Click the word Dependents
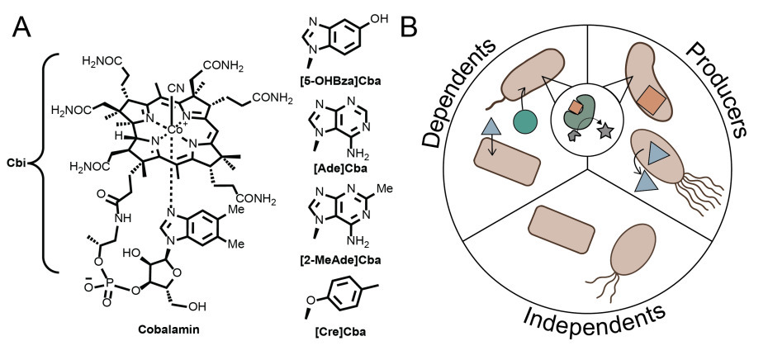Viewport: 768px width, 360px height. pyautogui.click(x=471, y=91)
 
